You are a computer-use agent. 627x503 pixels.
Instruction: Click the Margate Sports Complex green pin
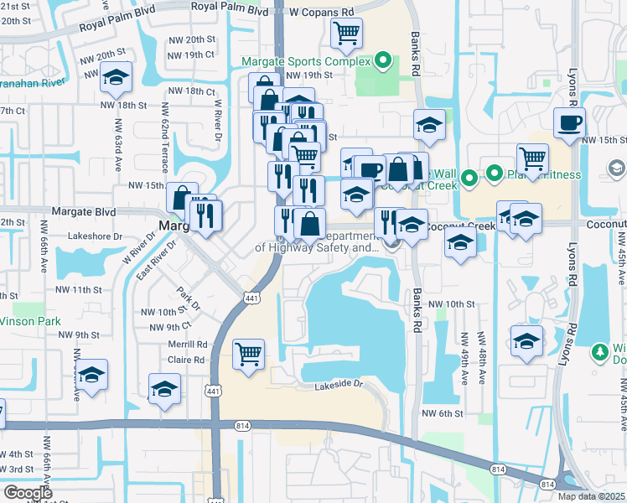pyautogui.click(x=383, y=60)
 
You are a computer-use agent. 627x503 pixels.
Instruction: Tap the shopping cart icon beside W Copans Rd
pyautogui.click(x=345, y=34)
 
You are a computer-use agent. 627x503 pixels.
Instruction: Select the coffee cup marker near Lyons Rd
pyautogui.click(x=569, y=122)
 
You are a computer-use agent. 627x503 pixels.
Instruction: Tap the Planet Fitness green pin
pyautogui.click(x=495, y=174)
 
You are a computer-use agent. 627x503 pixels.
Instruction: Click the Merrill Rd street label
pyautogui.click(x=188, y=345)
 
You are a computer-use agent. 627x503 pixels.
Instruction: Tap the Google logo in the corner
pyautogui.click(x=28, y=493)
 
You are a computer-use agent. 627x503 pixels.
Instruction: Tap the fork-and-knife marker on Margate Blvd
pyautogui.click(x=205, y=215)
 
